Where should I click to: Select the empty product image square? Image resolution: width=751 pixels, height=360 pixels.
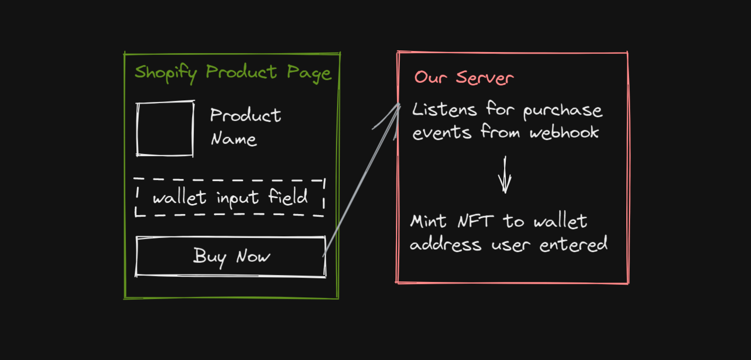click(165, 129)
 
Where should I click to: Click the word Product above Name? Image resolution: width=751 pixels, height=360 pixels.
click(245, 115)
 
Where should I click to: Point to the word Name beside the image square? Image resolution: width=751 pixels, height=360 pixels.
click(234, 139)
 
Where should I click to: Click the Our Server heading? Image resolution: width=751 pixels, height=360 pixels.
click(463, 78)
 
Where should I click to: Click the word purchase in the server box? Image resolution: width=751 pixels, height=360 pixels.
click(563, 112)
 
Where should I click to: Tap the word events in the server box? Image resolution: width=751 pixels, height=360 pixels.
click(442, 132)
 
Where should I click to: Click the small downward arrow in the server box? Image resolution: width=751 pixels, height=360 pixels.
click(504, 175)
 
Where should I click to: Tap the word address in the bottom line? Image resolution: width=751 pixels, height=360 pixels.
click(445, 245)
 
